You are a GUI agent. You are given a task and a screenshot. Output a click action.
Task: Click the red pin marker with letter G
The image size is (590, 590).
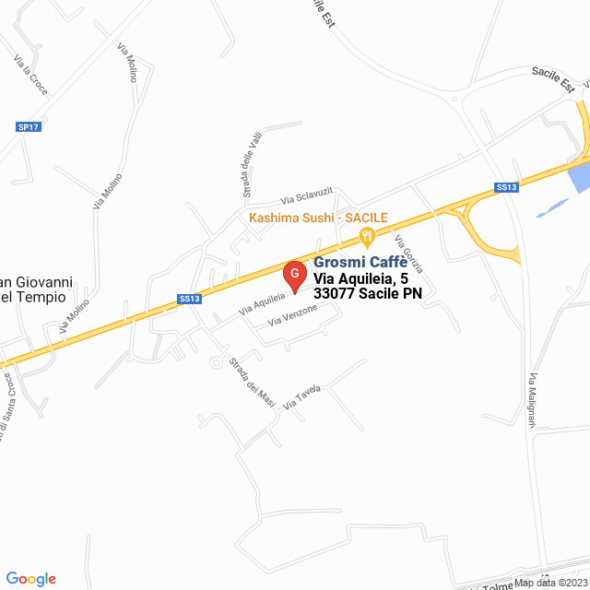[x=294, y=275]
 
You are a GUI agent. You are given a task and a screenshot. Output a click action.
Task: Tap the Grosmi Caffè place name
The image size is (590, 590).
[x=360, y=262]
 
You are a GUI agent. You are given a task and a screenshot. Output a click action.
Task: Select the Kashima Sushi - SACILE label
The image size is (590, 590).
[x=318, y=218]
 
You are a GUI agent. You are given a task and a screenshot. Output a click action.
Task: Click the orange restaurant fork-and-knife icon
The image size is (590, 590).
[x=367, y=236]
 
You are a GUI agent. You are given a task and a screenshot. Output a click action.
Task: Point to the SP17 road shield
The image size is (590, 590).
[x=29, y=126]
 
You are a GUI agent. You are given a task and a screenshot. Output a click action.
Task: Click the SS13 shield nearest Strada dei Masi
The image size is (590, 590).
[x=189, y=299]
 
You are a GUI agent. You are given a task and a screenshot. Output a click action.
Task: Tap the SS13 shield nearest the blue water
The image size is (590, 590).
[x=507, y=187]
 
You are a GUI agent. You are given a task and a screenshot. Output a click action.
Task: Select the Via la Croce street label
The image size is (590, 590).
[x=30, y=75]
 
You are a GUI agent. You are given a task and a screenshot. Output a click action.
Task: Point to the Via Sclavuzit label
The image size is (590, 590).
[x=306, y=196]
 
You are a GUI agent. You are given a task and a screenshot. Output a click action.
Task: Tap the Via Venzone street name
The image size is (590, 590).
[x=292, y=315]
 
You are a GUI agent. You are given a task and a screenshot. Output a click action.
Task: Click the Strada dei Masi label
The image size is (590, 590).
[x=252, y=382]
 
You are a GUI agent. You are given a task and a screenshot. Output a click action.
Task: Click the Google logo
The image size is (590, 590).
[x=30, y=578]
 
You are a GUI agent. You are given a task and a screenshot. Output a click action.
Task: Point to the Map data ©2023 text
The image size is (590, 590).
[x=549, y=583]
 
